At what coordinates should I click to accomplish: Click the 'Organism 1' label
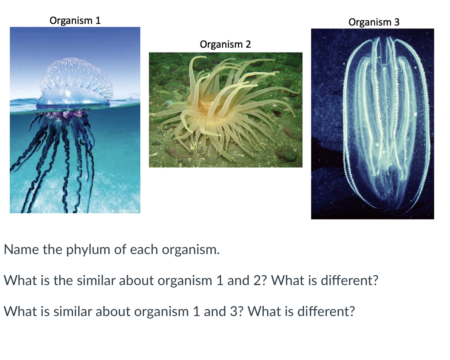click(x=75, y=20)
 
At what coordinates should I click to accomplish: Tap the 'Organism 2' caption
click(x=225, y=44)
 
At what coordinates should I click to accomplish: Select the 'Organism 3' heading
click(x=374, y=22)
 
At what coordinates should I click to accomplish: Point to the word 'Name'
click(x=21, y=250)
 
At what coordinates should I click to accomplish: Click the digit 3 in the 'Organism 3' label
click(x=397, y=22)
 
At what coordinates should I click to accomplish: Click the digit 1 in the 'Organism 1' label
click(x=98, y=20)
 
